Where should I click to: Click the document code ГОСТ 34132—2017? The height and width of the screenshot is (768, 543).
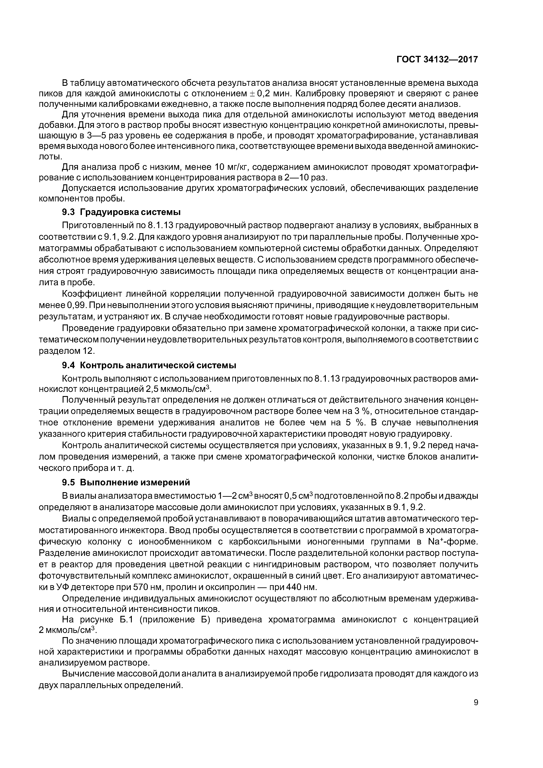coord(437,60)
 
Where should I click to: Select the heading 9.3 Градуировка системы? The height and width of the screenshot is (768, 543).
coord(122,212)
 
